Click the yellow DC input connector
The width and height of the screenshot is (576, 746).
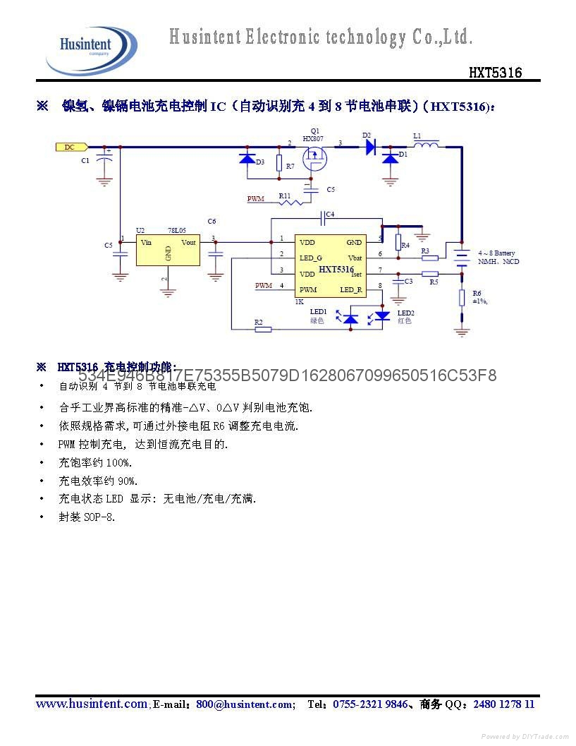pyautogui.click(x=71, y=147)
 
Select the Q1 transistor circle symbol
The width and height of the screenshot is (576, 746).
pyautogui.click(x=314, y=162)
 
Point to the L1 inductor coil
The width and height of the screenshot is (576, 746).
pyautogui.click(x=425, y=146)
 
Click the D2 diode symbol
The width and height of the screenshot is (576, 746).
pyautogui.click(x=370, y=147)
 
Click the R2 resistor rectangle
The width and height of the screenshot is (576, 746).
pyautogui.click(x=262, y=329)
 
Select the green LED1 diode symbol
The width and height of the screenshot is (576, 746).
pyautogui.click(x=350, y=318)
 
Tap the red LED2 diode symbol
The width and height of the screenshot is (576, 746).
pyautogui.click(x=383, y=315)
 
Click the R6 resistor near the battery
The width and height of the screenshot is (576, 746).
pyautogui.click(x=462, y=297)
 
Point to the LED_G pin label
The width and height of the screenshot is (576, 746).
pyautogui.click(x=311, y=258)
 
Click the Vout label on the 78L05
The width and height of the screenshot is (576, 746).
pyautogui.click(x=189, y=242)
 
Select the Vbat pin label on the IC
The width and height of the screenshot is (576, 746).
pyautogui.click(x=355, y=258)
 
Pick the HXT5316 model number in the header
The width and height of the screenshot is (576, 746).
pyautogui.click(x=496, y=72)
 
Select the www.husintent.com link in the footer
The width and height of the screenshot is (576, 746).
pyautogui.click(x=92, y=704)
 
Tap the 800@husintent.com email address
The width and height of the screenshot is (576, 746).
pyautogui.click(x=245, y=704)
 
